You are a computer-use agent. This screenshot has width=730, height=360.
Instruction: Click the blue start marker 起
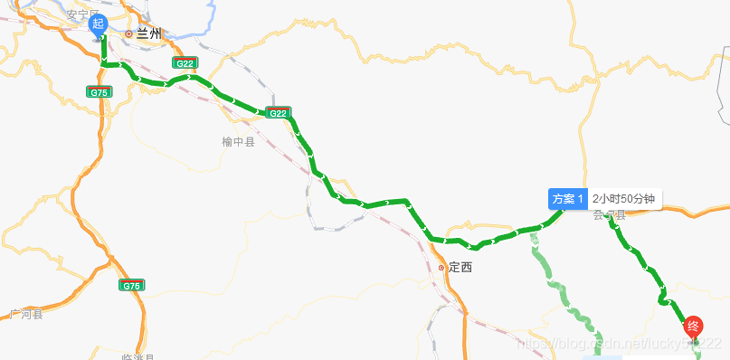pos(100,26)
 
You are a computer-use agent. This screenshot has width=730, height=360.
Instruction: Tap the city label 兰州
pos(148,33)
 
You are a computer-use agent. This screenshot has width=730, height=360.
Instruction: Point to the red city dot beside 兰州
pos(128,33)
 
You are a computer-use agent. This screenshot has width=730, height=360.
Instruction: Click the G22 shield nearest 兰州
pos(185,63)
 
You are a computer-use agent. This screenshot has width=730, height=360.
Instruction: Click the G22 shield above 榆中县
pos(278,113)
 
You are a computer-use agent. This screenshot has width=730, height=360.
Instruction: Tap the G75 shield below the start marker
pos(100,92)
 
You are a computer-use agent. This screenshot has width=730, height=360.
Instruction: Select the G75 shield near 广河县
pos(132,286)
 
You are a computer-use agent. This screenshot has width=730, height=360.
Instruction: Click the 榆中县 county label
pos(238,142)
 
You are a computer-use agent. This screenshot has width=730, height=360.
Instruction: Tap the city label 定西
pos(460,268)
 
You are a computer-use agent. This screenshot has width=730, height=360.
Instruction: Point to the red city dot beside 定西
pos(441,268)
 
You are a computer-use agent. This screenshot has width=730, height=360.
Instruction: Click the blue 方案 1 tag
pos(568,199)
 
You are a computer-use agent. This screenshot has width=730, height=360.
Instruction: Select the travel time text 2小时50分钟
pos(624,199)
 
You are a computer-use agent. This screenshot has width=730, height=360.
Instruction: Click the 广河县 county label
pos(26,315)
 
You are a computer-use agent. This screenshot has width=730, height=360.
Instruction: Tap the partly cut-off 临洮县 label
pos(137,356)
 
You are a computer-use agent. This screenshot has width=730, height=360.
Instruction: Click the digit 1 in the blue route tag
pos(582,199)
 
